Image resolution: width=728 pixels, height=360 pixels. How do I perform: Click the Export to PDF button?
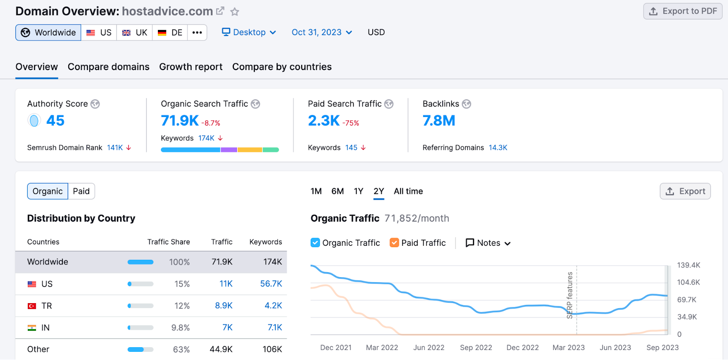(682, 11)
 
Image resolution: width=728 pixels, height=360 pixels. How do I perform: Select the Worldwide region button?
(48, 33)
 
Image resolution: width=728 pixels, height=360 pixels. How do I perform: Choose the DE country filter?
(170, 33)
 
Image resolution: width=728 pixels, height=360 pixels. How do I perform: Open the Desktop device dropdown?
(249, 32)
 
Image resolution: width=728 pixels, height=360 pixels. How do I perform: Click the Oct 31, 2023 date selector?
(322, 32)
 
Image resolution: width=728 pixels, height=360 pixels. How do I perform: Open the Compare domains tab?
(108, 67)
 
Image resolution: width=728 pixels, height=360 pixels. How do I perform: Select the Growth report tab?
(191, 67)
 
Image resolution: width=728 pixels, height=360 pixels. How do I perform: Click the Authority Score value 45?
(55, 121)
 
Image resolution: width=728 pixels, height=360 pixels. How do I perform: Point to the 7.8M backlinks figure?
(439, 121)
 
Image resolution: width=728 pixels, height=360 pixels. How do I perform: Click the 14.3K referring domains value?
(498, 147)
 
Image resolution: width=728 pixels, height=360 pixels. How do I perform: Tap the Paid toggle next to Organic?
(81, 191)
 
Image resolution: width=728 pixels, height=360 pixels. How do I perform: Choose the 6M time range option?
(337, 191)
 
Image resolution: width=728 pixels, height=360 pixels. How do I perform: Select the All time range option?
(408, 191)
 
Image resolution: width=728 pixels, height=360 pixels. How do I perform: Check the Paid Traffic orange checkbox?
(394, 243)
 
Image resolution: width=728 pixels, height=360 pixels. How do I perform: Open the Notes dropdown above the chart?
(488, 243)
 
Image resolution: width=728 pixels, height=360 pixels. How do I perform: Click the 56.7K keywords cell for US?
(271, 284)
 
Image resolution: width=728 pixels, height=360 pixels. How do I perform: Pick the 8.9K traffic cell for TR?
(223, 306)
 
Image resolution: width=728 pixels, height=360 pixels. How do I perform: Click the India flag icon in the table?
(32, 328)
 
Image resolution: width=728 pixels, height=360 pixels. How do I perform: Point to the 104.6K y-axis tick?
(688, 282)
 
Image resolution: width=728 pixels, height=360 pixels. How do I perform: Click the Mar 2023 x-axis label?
(568, 348)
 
